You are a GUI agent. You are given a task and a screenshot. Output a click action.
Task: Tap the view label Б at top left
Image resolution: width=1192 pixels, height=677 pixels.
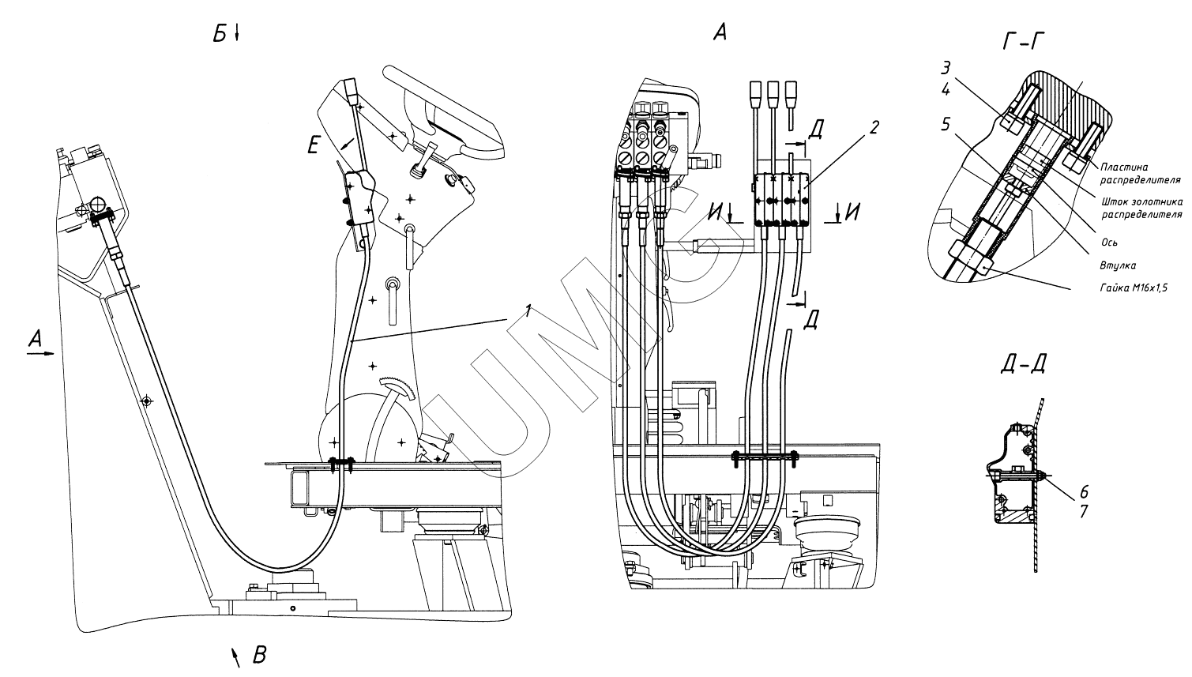pos(220,35)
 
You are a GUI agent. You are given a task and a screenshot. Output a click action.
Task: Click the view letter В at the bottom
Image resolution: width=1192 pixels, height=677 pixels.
pos(259,655)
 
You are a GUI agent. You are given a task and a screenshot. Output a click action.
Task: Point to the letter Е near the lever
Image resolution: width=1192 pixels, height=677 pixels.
pos(313,145)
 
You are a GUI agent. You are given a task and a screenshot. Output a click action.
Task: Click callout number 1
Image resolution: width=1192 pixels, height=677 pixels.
pos(528,310)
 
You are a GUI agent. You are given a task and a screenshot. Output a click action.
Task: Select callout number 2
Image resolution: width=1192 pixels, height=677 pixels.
pos(874,128)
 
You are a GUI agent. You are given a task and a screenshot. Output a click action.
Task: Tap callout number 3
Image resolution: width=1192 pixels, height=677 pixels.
pos(945,69)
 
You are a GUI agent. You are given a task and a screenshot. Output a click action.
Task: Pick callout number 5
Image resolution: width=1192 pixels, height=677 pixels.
pos(945,125)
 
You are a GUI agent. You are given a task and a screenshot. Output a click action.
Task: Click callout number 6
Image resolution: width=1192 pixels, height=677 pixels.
pos(1084,491)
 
